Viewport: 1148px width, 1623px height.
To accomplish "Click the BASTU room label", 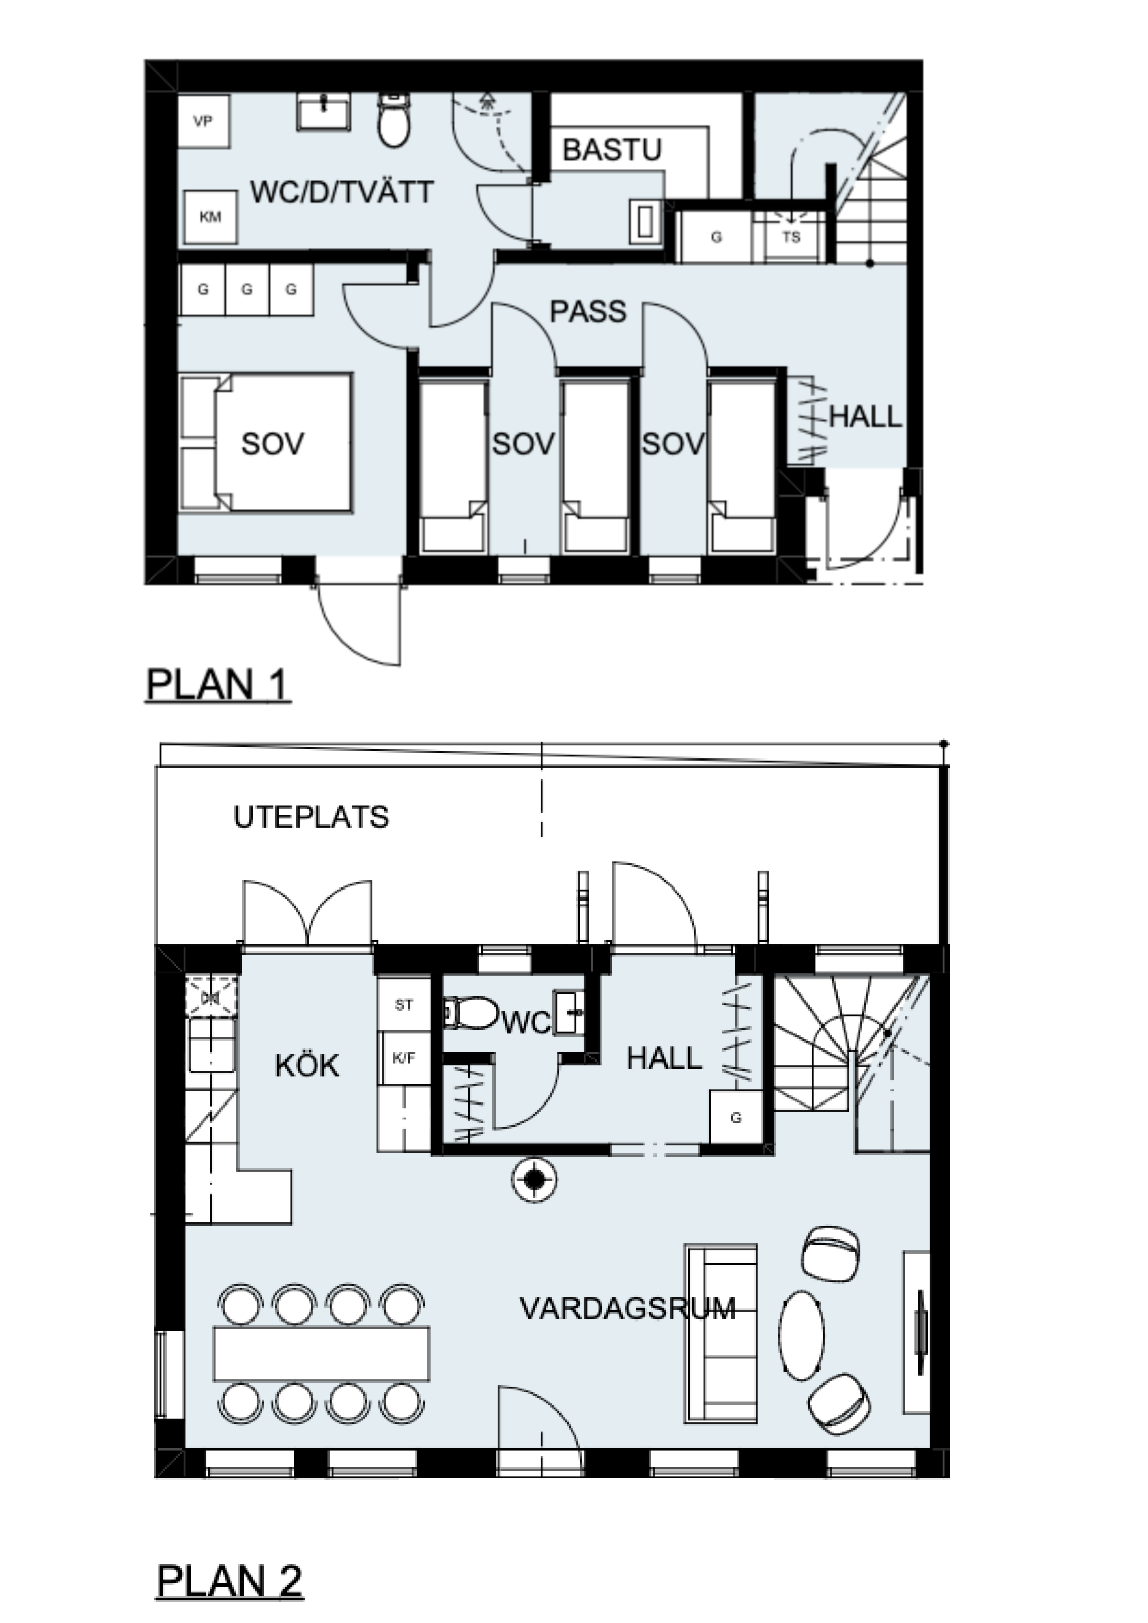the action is [x=611, y=150].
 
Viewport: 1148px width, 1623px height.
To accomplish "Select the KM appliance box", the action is [x=210, y=217].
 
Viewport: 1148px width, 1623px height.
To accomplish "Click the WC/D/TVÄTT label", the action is [x=342, y=192].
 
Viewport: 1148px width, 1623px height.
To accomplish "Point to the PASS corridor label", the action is [x=588, y=311].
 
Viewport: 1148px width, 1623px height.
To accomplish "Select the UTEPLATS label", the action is [x=311, y=817].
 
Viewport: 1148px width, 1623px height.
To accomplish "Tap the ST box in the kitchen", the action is [x=404, y=1004].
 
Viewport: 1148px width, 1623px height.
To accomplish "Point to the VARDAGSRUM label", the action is [x=628, y=1309].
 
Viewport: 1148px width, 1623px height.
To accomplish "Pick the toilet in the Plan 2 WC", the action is [x=471, y=1013].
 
